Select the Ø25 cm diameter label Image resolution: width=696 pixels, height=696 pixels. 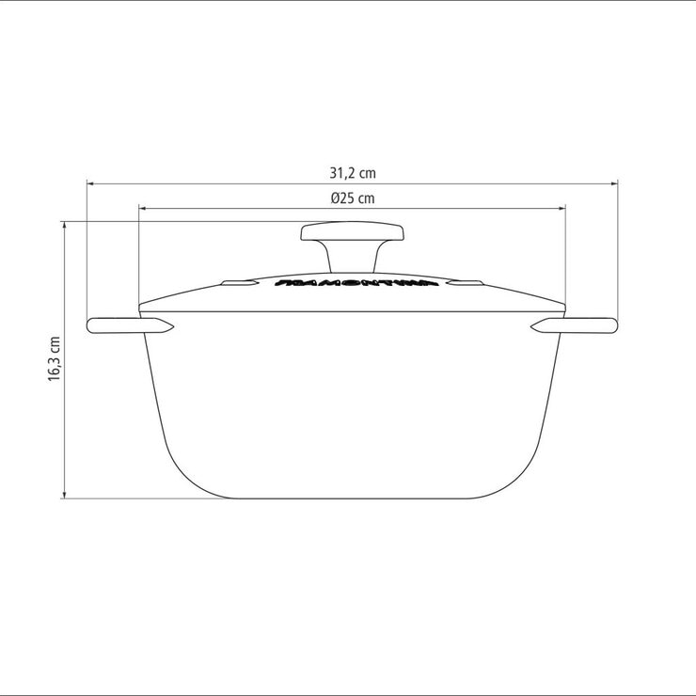352,198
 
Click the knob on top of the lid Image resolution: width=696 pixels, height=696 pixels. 352,232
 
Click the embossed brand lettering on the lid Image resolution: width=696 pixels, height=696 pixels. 352,281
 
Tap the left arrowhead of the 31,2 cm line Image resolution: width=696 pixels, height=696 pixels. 90,183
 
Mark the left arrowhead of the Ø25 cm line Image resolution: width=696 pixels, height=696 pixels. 142,208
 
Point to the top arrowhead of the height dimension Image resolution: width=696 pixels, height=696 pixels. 65,225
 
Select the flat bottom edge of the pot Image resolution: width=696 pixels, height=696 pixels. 352,498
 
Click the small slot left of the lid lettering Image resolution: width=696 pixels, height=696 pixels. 237,282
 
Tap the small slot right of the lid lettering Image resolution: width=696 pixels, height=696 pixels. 465,282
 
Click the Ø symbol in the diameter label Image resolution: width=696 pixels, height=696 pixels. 335,198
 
